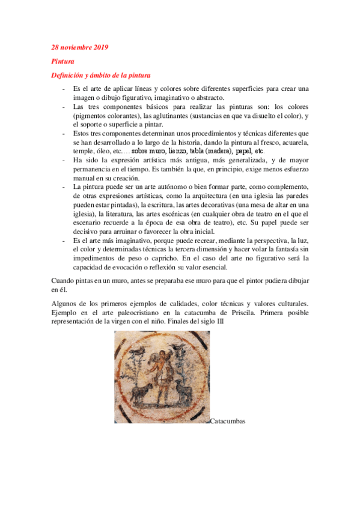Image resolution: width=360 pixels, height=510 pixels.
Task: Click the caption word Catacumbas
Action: pyautogui.click(x=228, y=422)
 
